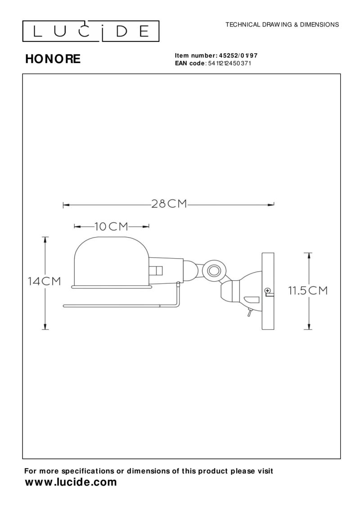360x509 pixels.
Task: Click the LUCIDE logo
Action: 90,31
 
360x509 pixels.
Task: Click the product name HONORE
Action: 53,59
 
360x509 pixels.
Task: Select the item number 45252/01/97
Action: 238,56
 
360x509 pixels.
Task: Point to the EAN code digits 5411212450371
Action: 229,63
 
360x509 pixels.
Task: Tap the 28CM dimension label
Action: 169,204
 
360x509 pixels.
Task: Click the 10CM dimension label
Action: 111,226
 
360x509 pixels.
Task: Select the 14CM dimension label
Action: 44,281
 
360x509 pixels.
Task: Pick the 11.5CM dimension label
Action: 308,291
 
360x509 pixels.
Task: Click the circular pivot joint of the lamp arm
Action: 214,270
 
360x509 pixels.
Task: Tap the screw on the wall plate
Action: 268,291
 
